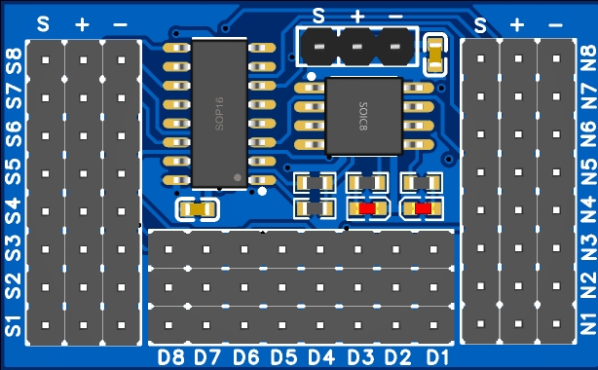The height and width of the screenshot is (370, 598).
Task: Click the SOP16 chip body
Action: click(x=219, y=113)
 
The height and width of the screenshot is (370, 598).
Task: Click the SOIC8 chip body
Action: click(x=364, y=116)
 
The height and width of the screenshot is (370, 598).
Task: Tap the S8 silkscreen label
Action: click(x=14, y=61)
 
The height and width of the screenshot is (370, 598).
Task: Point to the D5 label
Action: click(x=283, y=357)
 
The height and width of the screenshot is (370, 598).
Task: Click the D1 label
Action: click(x=437, y=357)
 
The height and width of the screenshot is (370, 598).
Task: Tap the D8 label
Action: click(x=170, y=357)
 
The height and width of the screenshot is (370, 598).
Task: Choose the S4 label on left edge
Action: click(x=14, y=211)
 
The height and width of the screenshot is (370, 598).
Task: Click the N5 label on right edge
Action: click(x=587, y=172)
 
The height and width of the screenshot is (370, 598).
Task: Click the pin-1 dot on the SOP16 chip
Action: click(x=238, y=177)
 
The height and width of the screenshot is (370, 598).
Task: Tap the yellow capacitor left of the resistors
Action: click(x=197, y=209)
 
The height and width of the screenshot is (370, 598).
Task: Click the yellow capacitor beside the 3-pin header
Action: click(x=435, y=55)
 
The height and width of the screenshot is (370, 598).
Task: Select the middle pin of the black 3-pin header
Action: click(x=357, y=47)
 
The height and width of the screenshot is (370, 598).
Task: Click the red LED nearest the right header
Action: click(x=423, y=208)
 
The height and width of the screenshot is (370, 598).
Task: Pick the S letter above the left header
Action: click(x=43, y=24)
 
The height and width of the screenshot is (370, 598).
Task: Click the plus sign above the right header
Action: click(x=517, y=25)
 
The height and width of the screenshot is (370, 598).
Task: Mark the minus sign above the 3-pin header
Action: click(x=395, y=17)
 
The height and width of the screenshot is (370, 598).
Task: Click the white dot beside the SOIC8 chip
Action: click(x=312, y=77)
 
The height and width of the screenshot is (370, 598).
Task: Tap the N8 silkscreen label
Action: click(x=587, y=58)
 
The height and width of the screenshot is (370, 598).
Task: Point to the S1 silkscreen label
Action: click(x=14, y=325)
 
